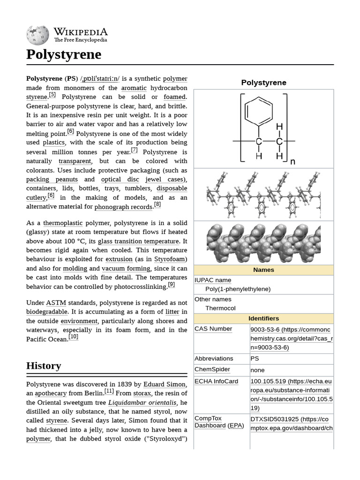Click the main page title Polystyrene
64,54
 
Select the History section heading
44,366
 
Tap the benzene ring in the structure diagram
259,111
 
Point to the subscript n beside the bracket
292,162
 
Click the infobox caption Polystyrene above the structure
263,82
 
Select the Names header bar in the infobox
263,270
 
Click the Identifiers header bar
263,318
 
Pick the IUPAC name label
213,280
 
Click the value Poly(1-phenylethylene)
238,289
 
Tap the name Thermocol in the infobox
220,308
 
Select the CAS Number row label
213,329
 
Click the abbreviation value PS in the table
255,358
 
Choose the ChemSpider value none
257,370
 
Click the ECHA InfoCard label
216,382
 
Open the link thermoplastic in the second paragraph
63,223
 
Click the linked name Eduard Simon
165,384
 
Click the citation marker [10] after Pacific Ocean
74,337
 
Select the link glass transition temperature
138,241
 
